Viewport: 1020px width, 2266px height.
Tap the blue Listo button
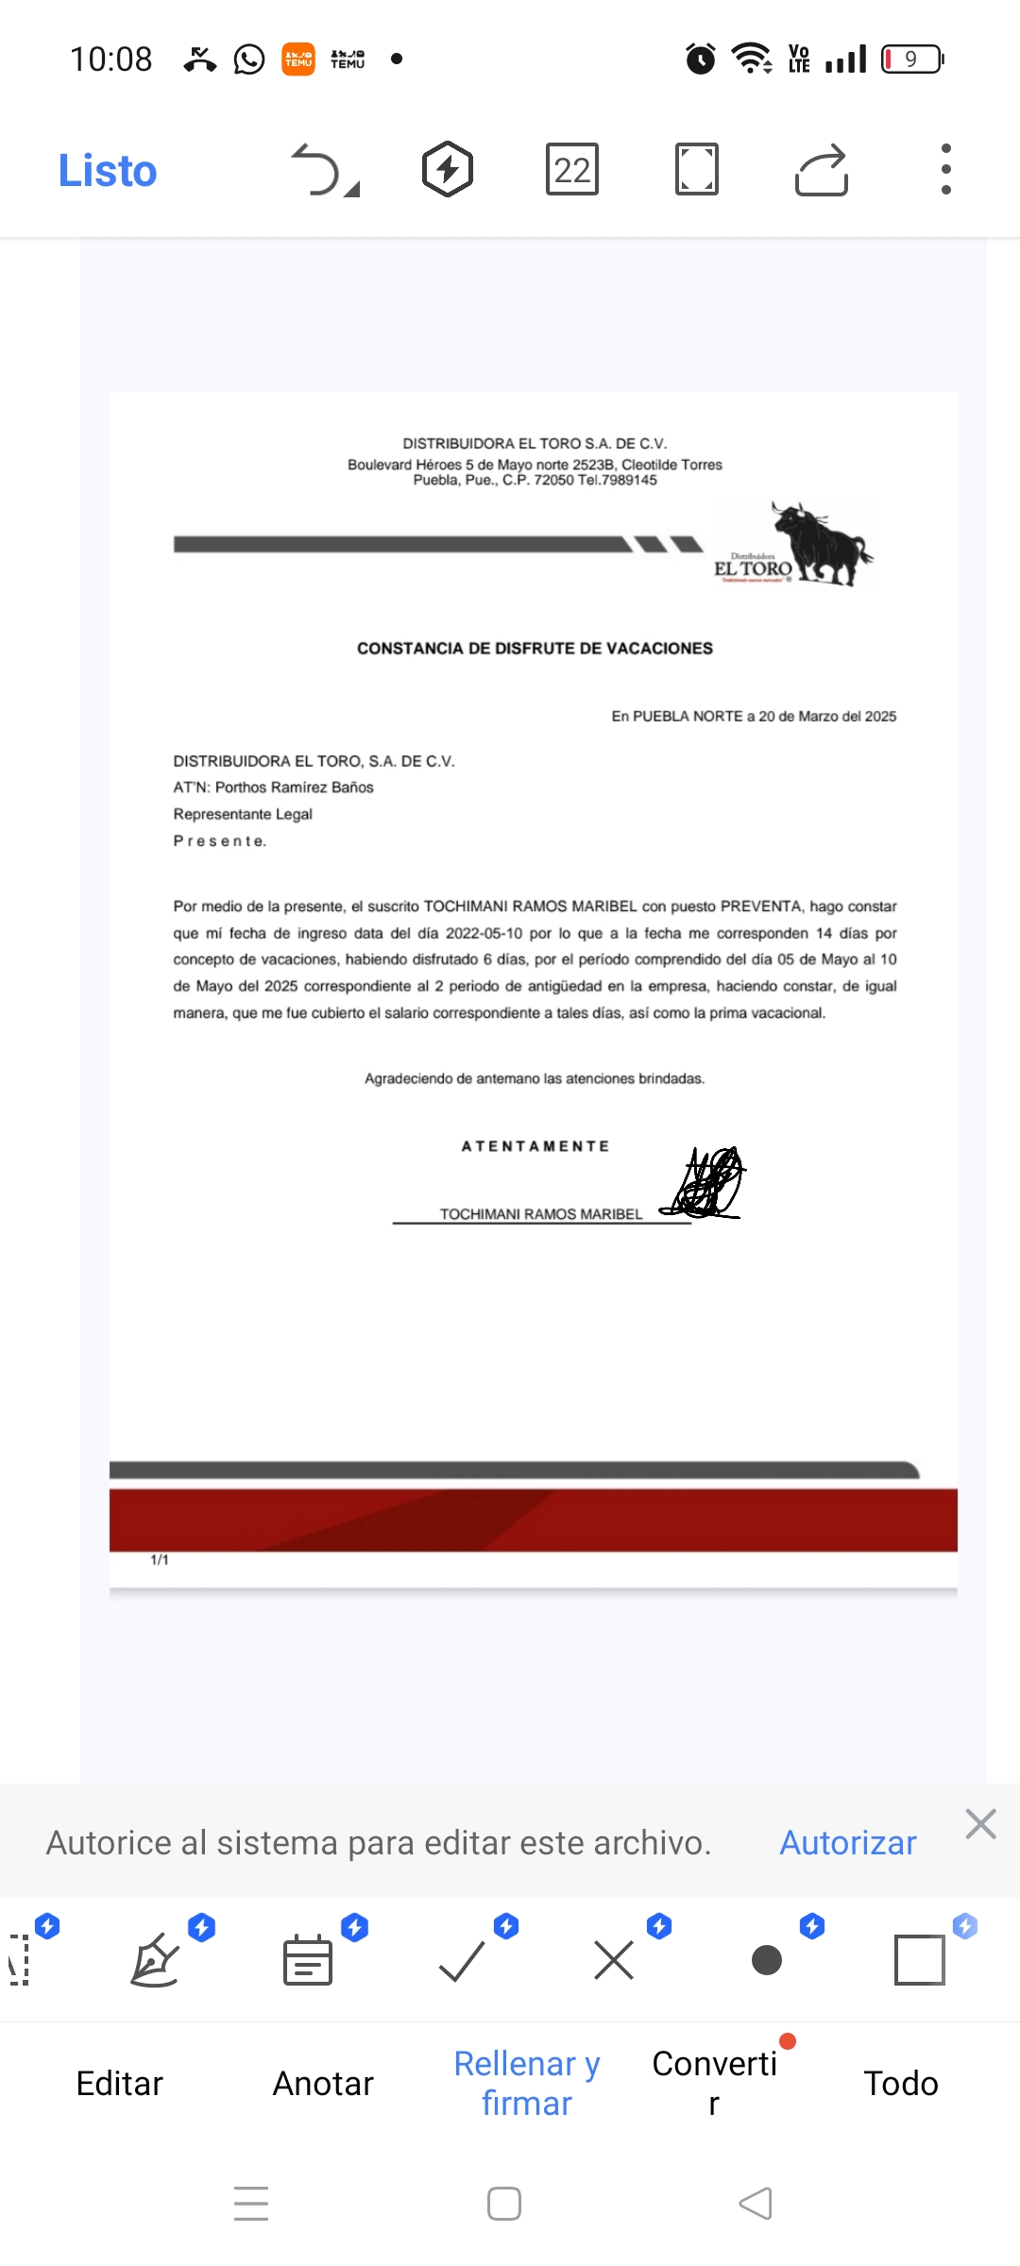[108, 171]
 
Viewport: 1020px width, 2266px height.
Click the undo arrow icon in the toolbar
[318, 170]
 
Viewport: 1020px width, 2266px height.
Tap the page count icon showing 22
[572, 170]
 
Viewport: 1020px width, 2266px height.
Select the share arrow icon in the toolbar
[822, 170]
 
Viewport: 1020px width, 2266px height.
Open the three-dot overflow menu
[945, 170]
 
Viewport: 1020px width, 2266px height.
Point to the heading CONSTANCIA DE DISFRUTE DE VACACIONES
[535, 649]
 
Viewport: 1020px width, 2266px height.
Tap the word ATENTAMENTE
[535, 1146]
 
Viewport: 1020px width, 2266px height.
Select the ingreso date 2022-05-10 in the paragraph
[484, 933]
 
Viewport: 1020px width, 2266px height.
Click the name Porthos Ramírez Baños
[295, 787]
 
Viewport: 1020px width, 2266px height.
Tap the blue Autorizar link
[847, 1843]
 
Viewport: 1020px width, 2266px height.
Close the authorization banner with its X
[981, 1824]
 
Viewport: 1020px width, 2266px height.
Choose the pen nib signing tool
[155, 1960]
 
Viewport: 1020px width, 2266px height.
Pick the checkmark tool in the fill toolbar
[462, 1960]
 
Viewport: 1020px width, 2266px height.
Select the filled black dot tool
[767, 1960]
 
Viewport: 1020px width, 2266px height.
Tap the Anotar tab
[323, 2084]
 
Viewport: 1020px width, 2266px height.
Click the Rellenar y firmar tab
[527, 2084]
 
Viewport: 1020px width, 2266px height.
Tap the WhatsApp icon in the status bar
[249, 59]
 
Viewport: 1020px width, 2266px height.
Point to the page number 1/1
[160, 1560]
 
